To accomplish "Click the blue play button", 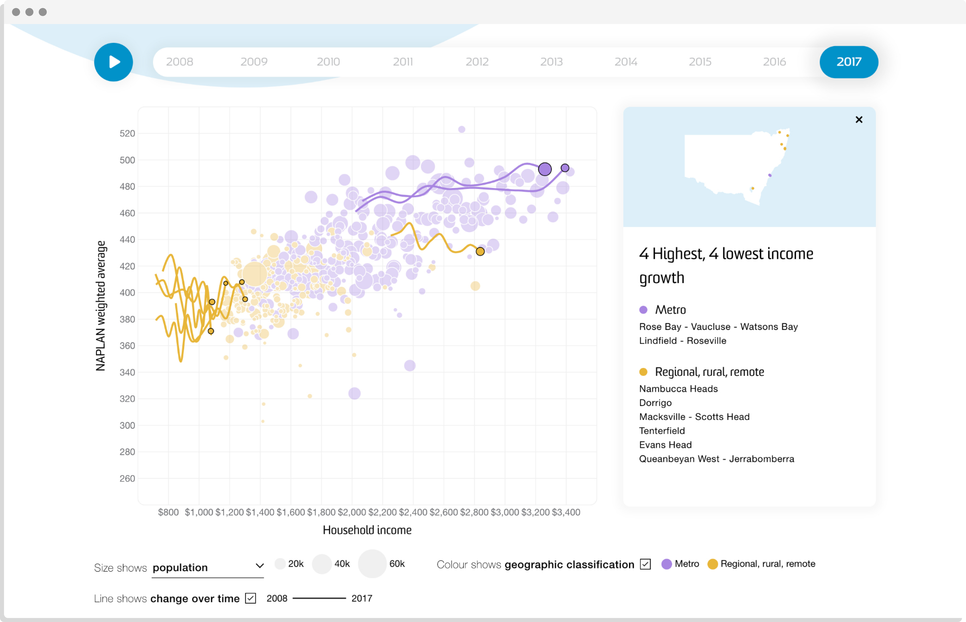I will click(x=113, y=62).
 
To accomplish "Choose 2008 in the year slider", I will click(x=179, y=62).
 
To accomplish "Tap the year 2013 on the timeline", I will click(x=551, y=62).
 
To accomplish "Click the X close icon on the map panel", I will click(x=859, y=119).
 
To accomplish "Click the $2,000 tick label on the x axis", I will click(x=352, y=512).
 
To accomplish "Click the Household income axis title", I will click(x=367, y=530).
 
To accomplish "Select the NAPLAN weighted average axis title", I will click(x=100, y=306).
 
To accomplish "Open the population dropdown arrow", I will click(x=259, y=566).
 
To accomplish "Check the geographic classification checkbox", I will click(x=645, y=564).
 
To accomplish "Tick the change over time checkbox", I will click(x=251, y=598).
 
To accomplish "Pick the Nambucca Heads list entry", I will click(x=678, y=389).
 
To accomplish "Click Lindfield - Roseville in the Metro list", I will click(x=682, y=341).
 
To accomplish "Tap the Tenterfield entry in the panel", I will click(x=662, y=430).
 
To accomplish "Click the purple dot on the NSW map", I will click(x=770, y=175).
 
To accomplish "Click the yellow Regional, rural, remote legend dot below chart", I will click(x=712, y=564).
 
